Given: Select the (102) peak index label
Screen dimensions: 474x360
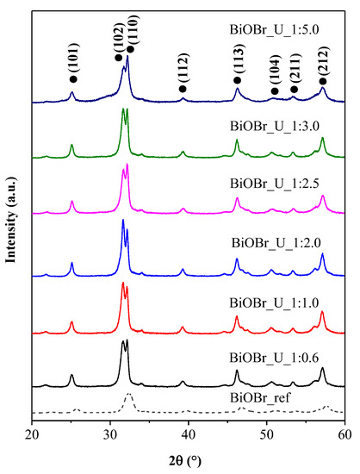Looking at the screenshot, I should click(118, 36).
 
